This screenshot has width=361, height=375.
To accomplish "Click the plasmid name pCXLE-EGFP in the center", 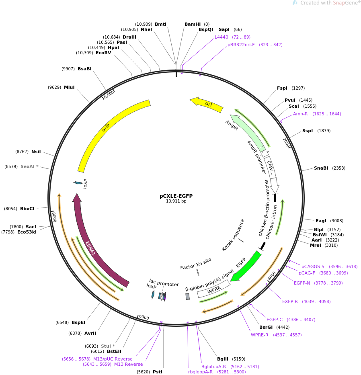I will tap(176, 196).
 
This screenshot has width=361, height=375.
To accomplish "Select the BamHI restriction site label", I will tap(193, 24).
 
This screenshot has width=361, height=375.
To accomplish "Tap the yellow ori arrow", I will tap(207, 104).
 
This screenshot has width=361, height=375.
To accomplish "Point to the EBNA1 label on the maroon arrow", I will tap(90, 248).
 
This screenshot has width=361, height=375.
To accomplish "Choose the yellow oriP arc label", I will tap(106, 127).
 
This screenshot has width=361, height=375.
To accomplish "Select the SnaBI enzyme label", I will tap(321, 168).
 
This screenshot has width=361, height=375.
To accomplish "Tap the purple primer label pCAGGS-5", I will tap(313, 266).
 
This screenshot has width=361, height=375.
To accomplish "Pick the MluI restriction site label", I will tap(69, 87).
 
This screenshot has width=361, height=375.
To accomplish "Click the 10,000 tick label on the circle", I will tap(108, 95).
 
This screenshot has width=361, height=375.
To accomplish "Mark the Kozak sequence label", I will tap(233, 235).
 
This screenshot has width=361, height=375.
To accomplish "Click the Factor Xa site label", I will tap(196, 264).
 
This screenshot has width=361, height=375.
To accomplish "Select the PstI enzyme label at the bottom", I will tap(158, 372).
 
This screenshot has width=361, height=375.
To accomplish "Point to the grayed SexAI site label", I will tap(29, 166).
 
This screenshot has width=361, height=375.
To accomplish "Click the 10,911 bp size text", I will tap(176, 201).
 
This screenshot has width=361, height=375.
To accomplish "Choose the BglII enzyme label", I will tap(223, 359).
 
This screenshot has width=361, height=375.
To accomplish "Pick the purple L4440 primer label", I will tap(222, 37).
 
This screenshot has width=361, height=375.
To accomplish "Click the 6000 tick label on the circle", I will tap(144, 318).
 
